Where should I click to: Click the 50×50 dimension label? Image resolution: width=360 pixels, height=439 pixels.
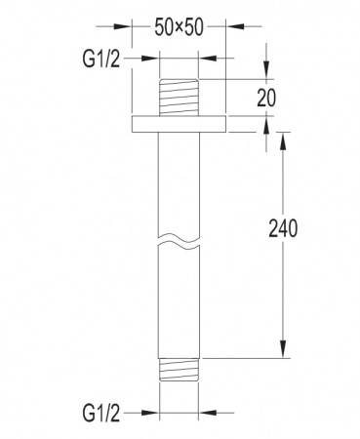point(179,27)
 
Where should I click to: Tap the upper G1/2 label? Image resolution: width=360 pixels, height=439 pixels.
point(101,60)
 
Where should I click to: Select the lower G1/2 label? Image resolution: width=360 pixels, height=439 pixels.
point(101,414)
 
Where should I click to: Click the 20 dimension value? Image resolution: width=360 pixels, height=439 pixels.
point(266,98)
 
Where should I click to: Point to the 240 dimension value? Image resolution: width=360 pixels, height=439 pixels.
point(283,228)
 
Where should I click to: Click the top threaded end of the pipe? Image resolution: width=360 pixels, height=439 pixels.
point(179,98)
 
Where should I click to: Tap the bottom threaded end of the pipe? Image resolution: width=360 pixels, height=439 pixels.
point(179,370)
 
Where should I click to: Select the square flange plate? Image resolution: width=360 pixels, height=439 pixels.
point(179,124)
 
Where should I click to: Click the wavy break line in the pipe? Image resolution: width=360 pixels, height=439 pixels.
point(179,240)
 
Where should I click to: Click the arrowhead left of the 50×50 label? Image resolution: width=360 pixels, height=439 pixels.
point(122,26)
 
